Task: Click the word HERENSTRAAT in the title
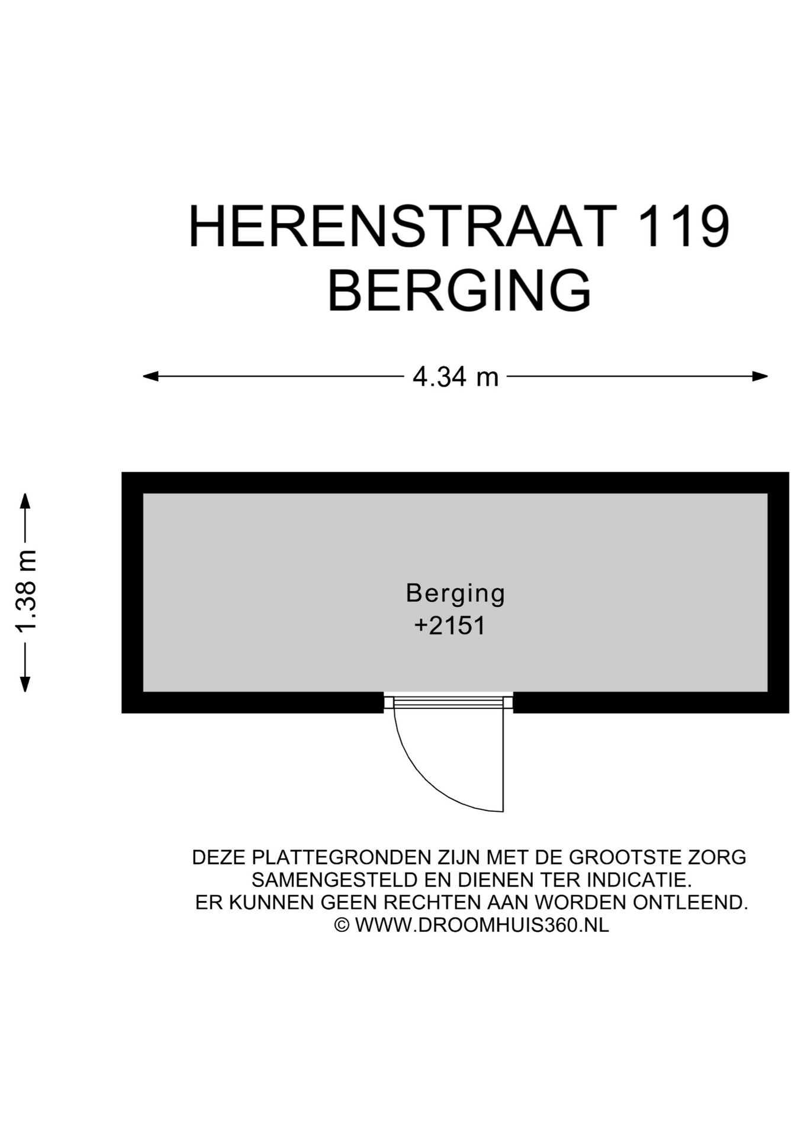[x=400, y=227]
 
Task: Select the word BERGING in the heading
[x=459, y=291]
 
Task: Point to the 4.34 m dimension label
[x=455, y=377]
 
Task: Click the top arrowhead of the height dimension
[x=25, y=501]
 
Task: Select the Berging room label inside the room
[x=455, y=593]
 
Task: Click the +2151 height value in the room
[x=449, y=626]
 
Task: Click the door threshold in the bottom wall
[x=448, y=702]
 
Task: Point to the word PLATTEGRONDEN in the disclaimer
[x=340, y=857]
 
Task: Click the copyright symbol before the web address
[x=342, y=925]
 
